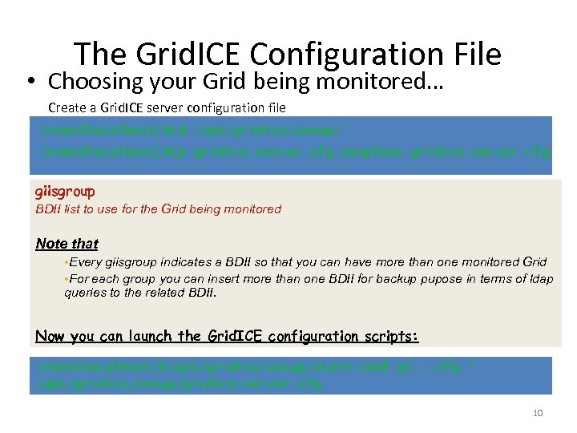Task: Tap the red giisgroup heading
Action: (65, 192)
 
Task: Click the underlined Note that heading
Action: (67, 244)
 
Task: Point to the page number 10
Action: (538, 413)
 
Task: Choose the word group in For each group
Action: (138, 279)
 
